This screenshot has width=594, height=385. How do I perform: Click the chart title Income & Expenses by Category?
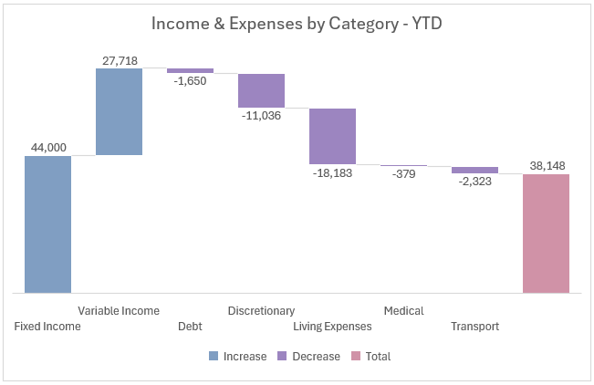tap(297, 25)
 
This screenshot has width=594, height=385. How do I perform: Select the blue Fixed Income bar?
tap(47, 224)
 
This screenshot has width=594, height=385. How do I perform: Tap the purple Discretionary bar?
tap(261, 90)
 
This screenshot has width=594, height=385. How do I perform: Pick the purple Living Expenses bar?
tap(332, 136)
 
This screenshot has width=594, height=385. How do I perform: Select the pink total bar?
tap(546, 234)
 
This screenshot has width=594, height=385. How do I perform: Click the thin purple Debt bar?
tap(190, 70)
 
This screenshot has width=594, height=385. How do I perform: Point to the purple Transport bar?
tap(474, 170)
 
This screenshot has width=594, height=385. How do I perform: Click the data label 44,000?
tap(47, 147)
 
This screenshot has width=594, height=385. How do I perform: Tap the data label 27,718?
tap(119, 59)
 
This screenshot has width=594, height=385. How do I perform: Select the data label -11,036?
tap(261, 116)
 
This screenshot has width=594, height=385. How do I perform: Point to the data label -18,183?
tap(332, 172)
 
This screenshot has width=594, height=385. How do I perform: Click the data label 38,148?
tap(546, 165)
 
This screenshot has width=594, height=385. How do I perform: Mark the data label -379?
tap(403, 174)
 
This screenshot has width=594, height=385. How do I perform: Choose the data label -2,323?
tap(474, 182)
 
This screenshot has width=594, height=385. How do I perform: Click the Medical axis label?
tap(403, 311)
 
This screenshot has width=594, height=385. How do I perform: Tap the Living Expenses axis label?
tap(332, 327)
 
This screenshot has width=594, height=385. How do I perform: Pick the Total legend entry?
tap(371, 357)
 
